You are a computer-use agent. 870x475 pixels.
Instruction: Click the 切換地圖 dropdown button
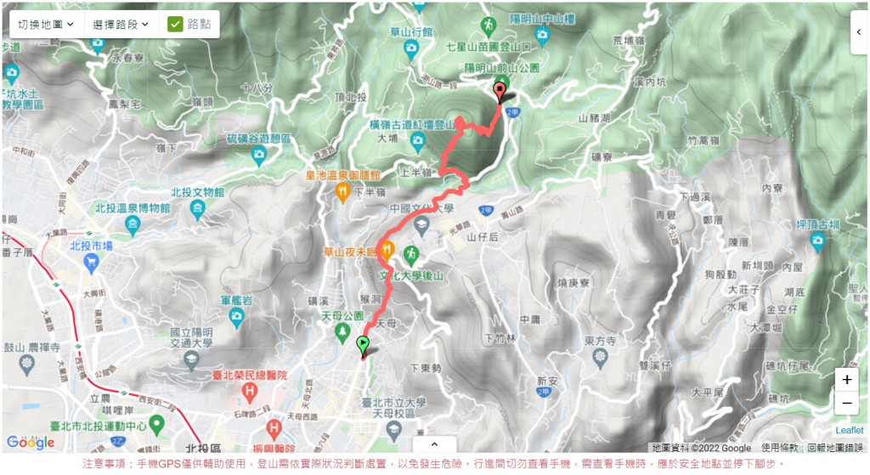tap(46, 24)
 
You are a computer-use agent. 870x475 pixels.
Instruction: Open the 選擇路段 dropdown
tap(121, 24)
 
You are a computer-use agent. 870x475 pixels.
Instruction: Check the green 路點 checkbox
tap(176, 24)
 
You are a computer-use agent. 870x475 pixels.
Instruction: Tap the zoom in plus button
tap(846, 380)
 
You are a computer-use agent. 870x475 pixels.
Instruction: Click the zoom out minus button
tap(846, 403)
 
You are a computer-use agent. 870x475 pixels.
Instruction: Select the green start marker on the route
tap(363, 345)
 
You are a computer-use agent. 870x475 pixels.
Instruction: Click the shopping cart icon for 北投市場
tap(90, 263)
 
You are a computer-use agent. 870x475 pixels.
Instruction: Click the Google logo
tap(31, 442)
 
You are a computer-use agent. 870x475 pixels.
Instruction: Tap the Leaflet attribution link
tap(849, 431)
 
